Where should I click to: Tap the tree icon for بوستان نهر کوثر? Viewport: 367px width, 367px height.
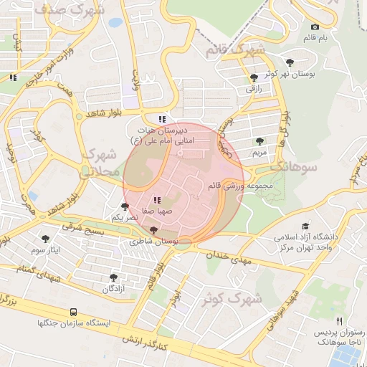coord(289,62)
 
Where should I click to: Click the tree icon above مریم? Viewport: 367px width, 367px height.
coord(259,141)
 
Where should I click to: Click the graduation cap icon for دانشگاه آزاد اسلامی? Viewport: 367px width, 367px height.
coord(306,226)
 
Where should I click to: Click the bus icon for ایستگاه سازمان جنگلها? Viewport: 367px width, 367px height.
coord(73,312)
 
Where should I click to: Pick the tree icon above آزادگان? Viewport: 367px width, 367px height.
coord(113,277)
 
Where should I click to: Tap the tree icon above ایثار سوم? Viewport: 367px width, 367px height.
coord(46,238)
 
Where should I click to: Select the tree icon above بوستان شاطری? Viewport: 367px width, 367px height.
coord(153,231)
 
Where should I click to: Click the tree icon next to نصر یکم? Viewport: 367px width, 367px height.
coord(125,206)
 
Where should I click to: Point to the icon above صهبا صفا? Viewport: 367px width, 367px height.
coord(156,200)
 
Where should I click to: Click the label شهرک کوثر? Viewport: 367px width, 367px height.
coord(229,297)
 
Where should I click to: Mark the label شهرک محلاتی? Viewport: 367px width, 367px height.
coord(100,163)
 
